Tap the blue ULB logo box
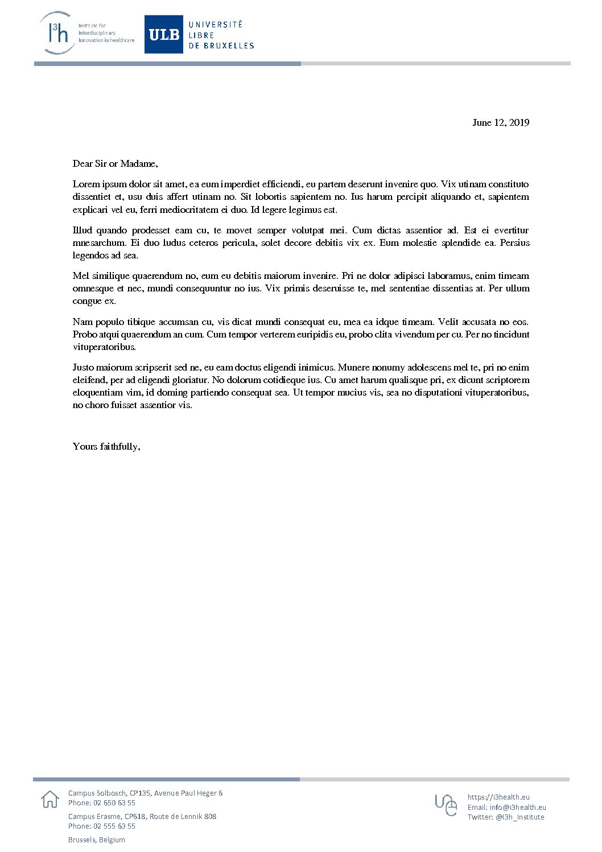point(164,35)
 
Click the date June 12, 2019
point(501,123)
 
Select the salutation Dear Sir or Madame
point(115,164)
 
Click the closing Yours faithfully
point(106,447)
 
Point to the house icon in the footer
point(50,799)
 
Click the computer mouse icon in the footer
point(447,805)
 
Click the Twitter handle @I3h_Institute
point(519,817)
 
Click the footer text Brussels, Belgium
point(97,840)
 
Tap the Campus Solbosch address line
point(145,793)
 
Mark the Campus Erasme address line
point(142,817)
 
